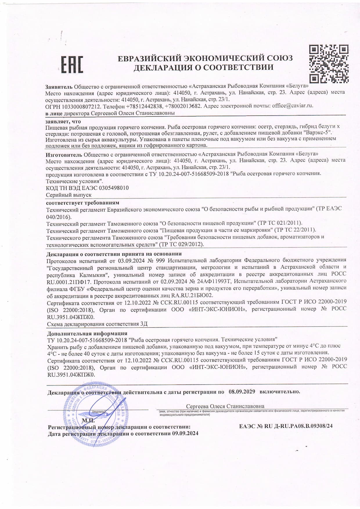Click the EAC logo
[x=72, y=64]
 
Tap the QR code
[x=328, y=64]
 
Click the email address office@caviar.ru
[x=292, y=106]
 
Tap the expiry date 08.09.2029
[x=242, y=391]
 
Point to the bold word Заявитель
[x=59, y=86]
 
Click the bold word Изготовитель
[x=64, y=154]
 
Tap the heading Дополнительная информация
[x=87, y=333]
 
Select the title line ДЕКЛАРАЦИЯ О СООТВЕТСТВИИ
[x=203, y=68]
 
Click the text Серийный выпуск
[x=69, y=195]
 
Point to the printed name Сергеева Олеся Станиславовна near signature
[x=225, y=406]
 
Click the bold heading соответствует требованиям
[x=83, y=202]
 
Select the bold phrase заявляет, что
[x=63, y=121]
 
